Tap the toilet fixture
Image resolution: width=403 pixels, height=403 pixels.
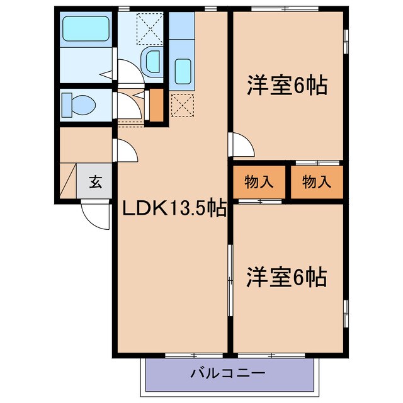(x=79, y=103)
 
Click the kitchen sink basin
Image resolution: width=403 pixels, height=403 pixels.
(x=183, y=69)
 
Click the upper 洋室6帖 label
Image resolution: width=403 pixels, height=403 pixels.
(x=287, y=85)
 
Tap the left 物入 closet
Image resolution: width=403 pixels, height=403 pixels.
(x=259, y=182)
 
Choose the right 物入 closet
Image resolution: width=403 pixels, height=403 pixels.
(x=317, y=182)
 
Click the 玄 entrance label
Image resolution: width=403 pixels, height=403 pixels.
(x=94, y=183)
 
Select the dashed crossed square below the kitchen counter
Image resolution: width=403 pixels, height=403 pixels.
(x=181, y=105)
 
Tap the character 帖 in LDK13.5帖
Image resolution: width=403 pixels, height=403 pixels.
(x=217, y=208)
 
